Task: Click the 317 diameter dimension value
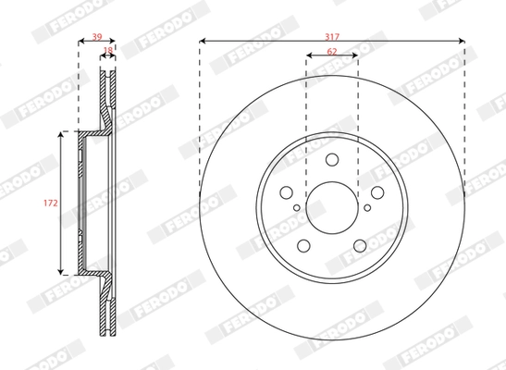331,35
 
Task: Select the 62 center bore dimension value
331,52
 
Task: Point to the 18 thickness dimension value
108,53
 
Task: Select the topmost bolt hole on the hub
331,161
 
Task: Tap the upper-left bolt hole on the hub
288,191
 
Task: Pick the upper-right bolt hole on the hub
376,191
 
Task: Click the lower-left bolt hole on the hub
304,244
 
